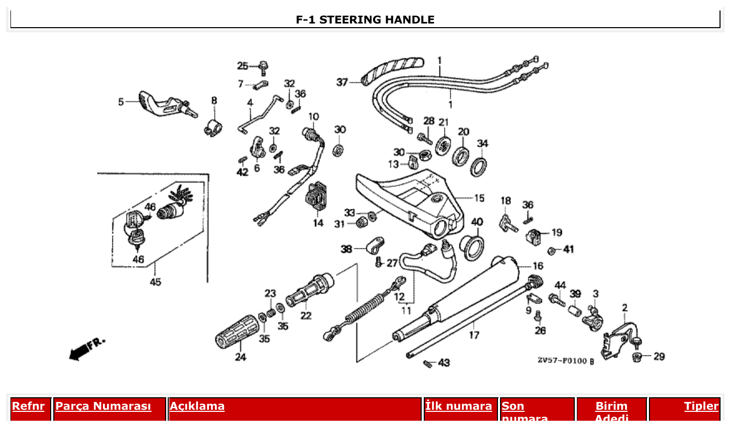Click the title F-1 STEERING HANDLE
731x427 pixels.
click(x=365, y=20)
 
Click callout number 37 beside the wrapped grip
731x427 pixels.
click(x=342, y=82)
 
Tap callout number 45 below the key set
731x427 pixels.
click(x=155, y=282)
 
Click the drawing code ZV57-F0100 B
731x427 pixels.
click(x=566, y=361)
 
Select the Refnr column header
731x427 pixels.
click(x=28, y=406)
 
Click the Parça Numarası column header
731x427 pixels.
click(x=103, y=406)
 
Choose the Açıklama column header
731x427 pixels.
click(x=197, y=406)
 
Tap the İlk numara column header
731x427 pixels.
click(x=458, y=406)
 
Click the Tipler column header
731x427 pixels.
click(x=701, y=406)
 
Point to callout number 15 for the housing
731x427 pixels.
click(x=479, y=198)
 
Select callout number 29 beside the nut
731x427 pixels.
click(x=659, y=357)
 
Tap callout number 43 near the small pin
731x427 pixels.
click(x=444, y=362)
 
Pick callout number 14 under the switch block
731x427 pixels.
click(x=318, y=223)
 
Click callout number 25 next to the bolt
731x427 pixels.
click(x=242, y=66)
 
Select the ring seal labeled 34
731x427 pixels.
click(x=480, y=166)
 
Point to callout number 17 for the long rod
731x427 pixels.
click(x=473, y=335)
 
